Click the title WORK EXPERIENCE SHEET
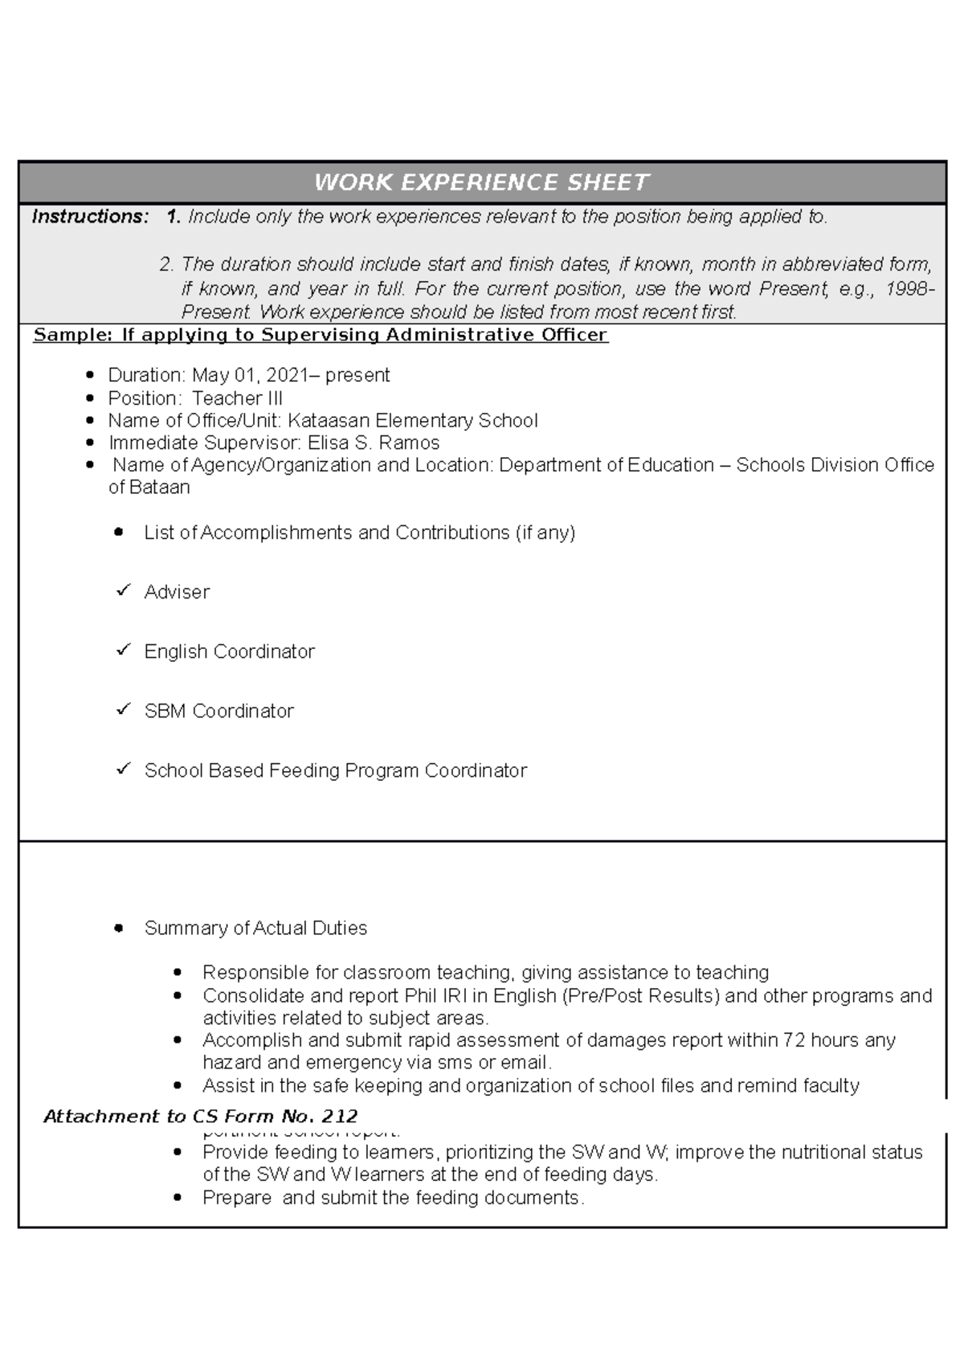tap(481, 182)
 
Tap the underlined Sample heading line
tap(320, 335)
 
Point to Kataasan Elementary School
tap(412, 421)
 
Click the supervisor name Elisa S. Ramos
tap(374, 443)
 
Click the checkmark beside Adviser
tap(123, 591)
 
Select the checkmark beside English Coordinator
tap(123, 651)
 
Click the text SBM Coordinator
tap(219, 711)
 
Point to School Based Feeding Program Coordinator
tap(335, 770)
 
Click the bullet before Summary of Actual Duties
tap(119, 929)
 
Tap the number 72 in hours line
tap(794, 1040)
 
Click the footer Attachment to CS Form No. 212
tap(201, 1116)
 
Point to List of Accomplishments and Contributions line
tap(359, 533)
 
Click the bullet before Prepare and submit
tap(178, 1198)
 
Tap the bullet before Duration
tap(90, 375)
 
